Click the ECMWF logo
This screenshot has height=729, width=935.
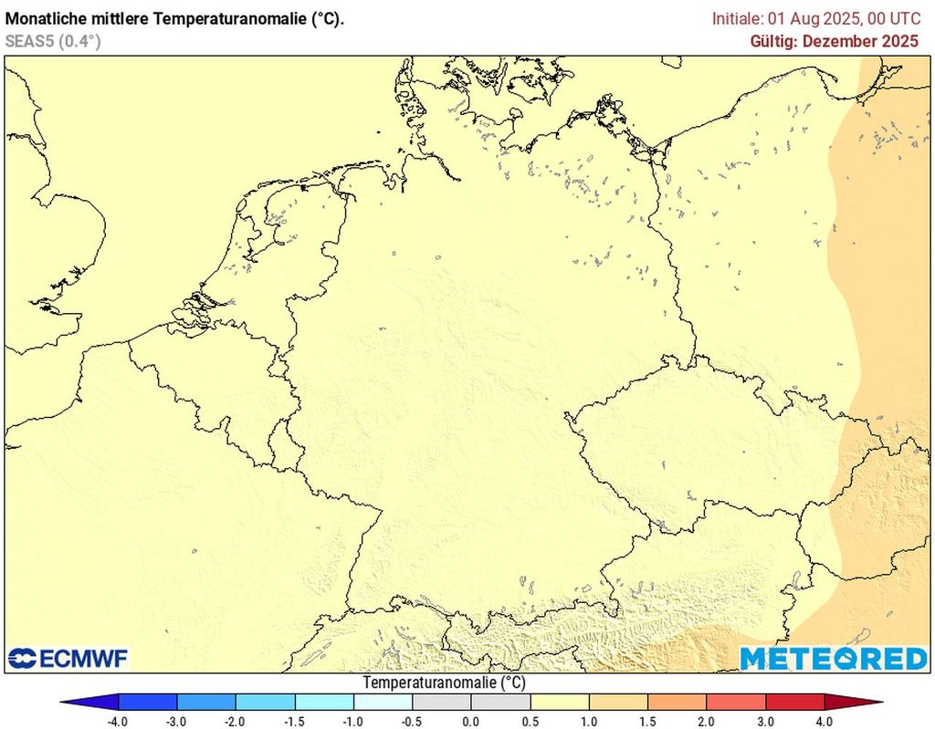tap(68, 658)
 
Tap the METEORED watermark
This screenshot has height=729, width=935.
tap(833, 658)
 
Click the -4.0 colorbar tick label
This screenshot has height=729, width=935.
tap(118, 721)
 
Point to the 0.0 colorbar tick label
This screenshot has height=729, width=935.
tap(471, 721)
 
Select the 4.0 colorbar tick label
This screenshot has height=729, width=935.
tap(825, 721)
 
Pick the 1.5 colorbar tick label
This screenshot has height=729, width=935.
tap(647, 721)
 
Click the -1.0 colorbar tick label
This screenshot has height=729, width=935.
tap(353, 721)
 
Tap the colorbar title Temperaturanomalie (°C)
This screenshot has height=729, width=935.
tap(444, 682)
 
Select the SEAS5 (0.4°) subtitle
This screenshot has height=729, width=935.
tap(52, 41)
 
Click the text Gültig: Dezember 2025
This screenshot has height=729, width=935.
tap(835, 41)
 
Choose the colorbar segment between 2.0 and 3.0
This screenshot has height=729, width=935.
tap(736, 703)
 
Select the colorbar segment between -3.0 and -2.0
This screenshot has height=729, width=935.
tap(206, 703)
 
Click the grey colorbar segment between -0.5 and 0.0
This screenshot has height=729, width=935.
tap(442, 703)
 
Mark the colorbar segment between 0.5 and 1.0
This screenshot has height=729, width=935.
tap(560, 703)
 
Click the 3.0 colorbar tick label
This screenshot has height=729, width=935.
tap(765, 721)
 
